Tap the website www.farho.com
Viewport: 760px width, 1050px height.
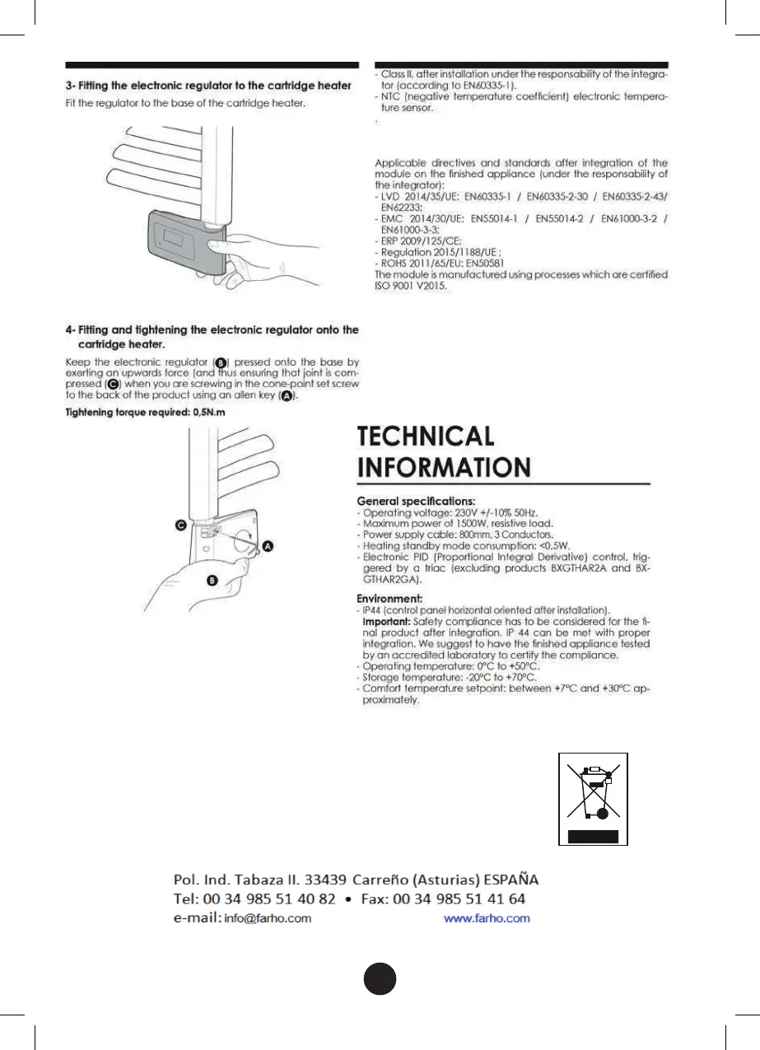pyautogui.click(x=487, y=918)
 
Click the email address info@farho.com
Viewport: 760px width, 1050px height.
pyautogui.click(x=268, y=918)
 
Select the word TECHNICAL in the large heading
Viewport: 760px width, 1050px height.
pyautogui.click(x=425, y=436)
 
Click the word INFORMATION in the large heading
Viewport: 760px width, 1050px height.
pyautogui.click(x=443, y=468)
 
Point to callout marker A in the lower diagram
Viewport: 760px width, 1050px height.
pyautogui.click(x=268, y=546)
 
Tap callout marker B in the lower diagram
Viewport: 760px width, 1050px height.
pyautogui.click(x=212, y=581)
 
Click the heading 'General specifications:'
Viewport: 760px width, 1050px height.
pyautogui.click(x=415, y=501)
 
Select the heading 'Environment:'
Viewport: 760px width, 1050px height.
pyautogui.click(x=389, y=598)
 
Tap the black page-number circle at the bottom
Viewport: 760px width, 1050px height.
pyautogui.click(x=380, y=978)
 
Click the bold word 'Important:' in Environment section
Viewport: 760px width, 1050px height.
pyautogui.click(x=384, y=621)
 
